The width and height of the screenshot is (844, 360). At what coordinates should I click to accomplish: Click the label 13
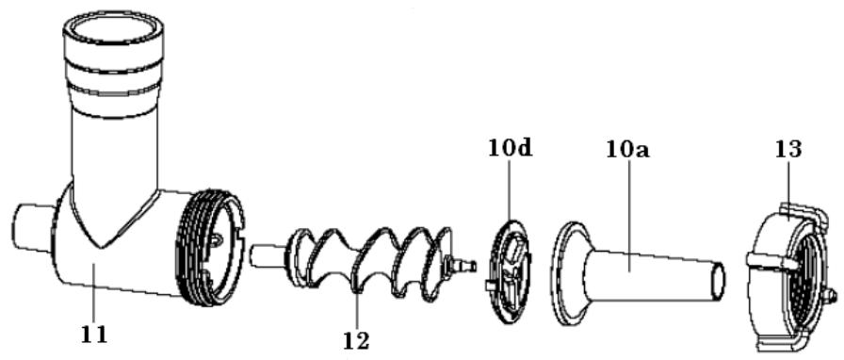click(x=788, y=149)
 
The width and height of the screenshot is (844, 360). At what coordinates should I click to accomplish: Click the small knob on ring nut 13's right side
click(x=831, y=296)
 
